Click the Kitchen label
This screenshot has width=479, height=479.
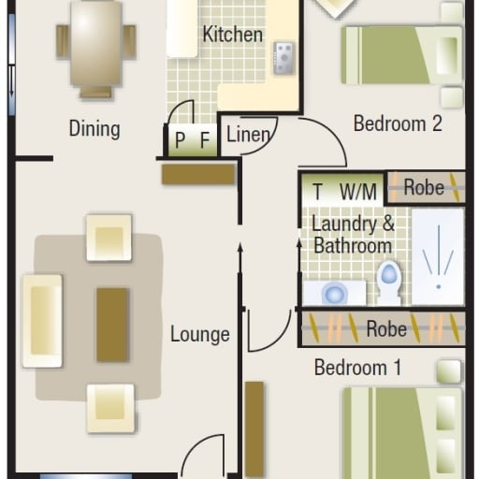[x=232, y=35]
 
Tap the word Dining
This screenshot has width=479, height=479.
[x=94, y=128]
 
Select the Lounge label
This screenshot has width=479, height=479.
[x=200, y=334]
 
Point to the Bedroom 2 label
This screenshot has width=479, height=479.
[x=398, y=123]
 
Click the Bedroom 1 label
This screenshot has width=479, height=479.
[x=357, y=368]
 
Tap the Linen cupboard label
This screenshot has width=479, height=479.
[x=248, y=135]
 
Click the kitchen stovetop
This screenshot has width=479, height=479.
[x=283, y=58]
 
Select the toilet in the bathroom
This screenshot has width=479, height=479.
[x=389, y=283]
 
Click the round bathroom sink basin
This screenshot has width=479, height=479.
[x=334, y=294]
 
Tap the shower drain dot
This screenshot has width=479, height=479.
[x=439, y=286]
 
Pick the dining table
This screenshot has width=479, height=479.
[x=95, y=44]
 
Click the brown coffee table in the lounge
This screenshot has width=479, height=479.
[x=112, y=325]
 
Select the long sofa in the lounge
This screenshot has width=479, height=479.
[x=42, y=321]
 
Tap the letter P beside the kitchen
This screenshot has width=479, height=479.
[x=180, y=140]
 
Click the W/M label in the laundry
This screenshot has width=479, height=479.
[x=358, y=192]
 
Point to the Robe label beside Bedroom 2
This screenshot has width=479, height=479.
[x=424, y=187]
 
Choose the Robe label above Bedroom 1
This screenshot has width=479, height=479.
[x=386, y=328]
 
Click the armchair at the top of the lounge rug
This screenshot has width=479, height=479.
[x=109, y=238]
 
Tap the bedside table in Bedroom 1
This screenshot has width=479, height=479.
[x=449, y=371]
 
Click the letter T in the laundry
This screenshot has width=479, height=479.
[x=317, y=192]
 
